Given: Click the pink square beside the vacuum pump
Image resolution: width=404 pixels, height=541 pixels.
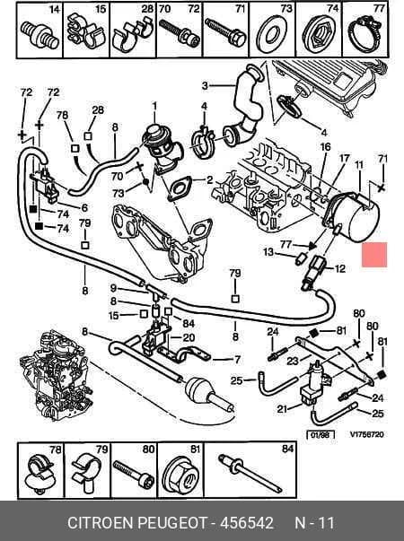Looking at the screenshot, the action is point(374,255).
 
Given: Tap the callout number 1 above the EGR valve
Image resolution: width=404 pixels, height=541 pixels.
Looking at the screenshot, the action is point(154,106).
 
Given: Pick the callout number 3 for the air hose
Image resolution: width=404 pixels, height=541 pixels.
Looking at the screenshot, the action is point(205,85).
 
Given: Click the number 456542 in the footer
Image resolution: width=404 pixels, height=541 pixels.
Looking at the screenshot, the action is point(247,523).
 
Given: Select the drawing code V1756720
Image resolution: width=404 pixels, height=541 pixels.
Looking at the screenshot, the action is point(366,434).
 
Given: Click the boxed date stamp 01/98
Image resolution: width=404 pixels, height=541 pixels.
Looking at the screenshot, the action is point(321,434).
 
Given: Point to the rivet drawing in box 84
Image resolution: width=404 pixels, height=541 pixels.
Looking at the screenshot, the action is point(250,474).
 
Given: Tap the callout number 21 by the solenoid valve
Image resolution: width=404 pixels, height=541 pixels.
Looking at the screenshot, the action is point(282,409).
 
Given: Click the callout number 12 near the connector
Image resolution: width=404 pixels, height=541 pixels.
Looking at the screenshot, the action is point(340,268).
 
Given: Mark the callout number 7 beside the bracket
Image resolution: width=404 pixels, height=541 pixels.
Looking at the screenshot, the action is point(237,360).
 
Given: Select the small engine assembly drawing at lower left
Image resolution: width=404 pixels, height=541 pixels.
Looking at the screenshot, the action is point(57,376).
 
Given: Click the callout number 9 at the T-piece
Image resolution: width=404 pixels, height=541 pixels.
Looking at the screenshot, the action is point(113,288).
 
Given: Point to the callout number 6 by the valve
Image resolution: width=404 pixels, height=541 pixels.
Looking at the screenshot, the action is point(84,208).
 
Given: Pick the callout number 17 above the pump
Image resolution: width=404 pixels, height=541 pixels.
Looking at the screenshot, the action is point(344,159).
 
